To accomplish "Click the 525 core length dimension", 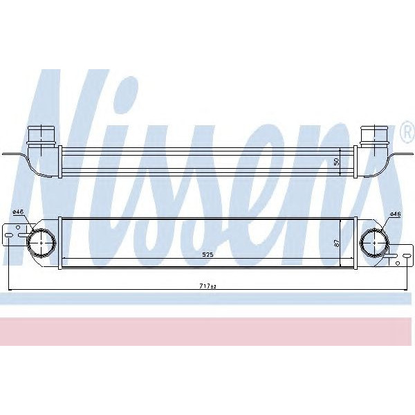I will point(207,255).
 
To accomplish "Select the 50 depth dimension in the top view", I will point(337,160).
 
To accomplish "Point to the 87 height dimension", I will point(337,243).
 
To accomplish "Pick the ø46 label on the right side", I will point(396,214).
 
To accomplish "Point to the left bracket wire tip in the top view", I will point(6,154).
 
